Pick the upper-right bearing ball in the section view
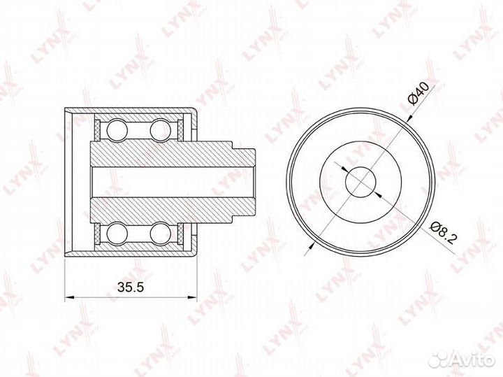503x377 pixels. point(161,130)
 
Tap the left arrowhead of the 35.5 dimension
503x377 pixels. point(68,299)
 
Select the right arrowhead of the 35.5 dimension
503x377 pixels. point(192,299)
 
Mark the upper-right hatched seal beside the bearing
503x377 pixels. point(184,129)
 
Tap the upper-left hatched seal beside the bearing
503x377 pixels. point(96,129)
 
